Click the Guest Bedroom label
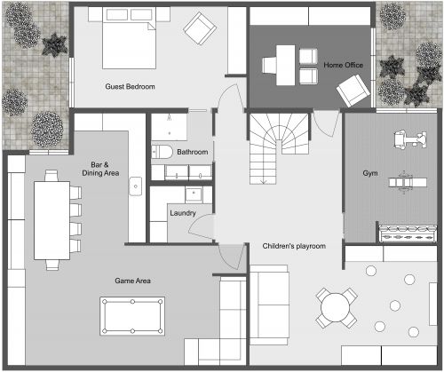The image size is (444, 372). [x=130, y=86]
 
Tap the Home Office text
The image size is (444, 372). [x=342, y=65]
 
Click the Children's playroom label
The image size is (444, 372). [x=294, y=245]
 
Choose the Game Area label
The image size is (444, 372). [x=132, y=281]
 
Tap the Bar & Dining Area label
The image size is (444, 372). [x=106, y=169]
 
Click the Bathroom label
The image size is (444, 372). [x=192, y=152]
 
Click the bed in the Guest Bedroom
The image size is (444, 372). [x=129, y=40]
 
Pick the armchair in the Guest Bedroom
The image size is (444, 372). [x=197, y=28]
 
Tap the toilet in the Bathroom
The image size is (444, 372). [x=161, y=152]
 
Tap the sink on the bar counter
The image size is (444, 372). [x=137, y=186]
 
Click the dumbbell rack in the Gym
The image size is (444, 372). [x=404, y=233]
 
